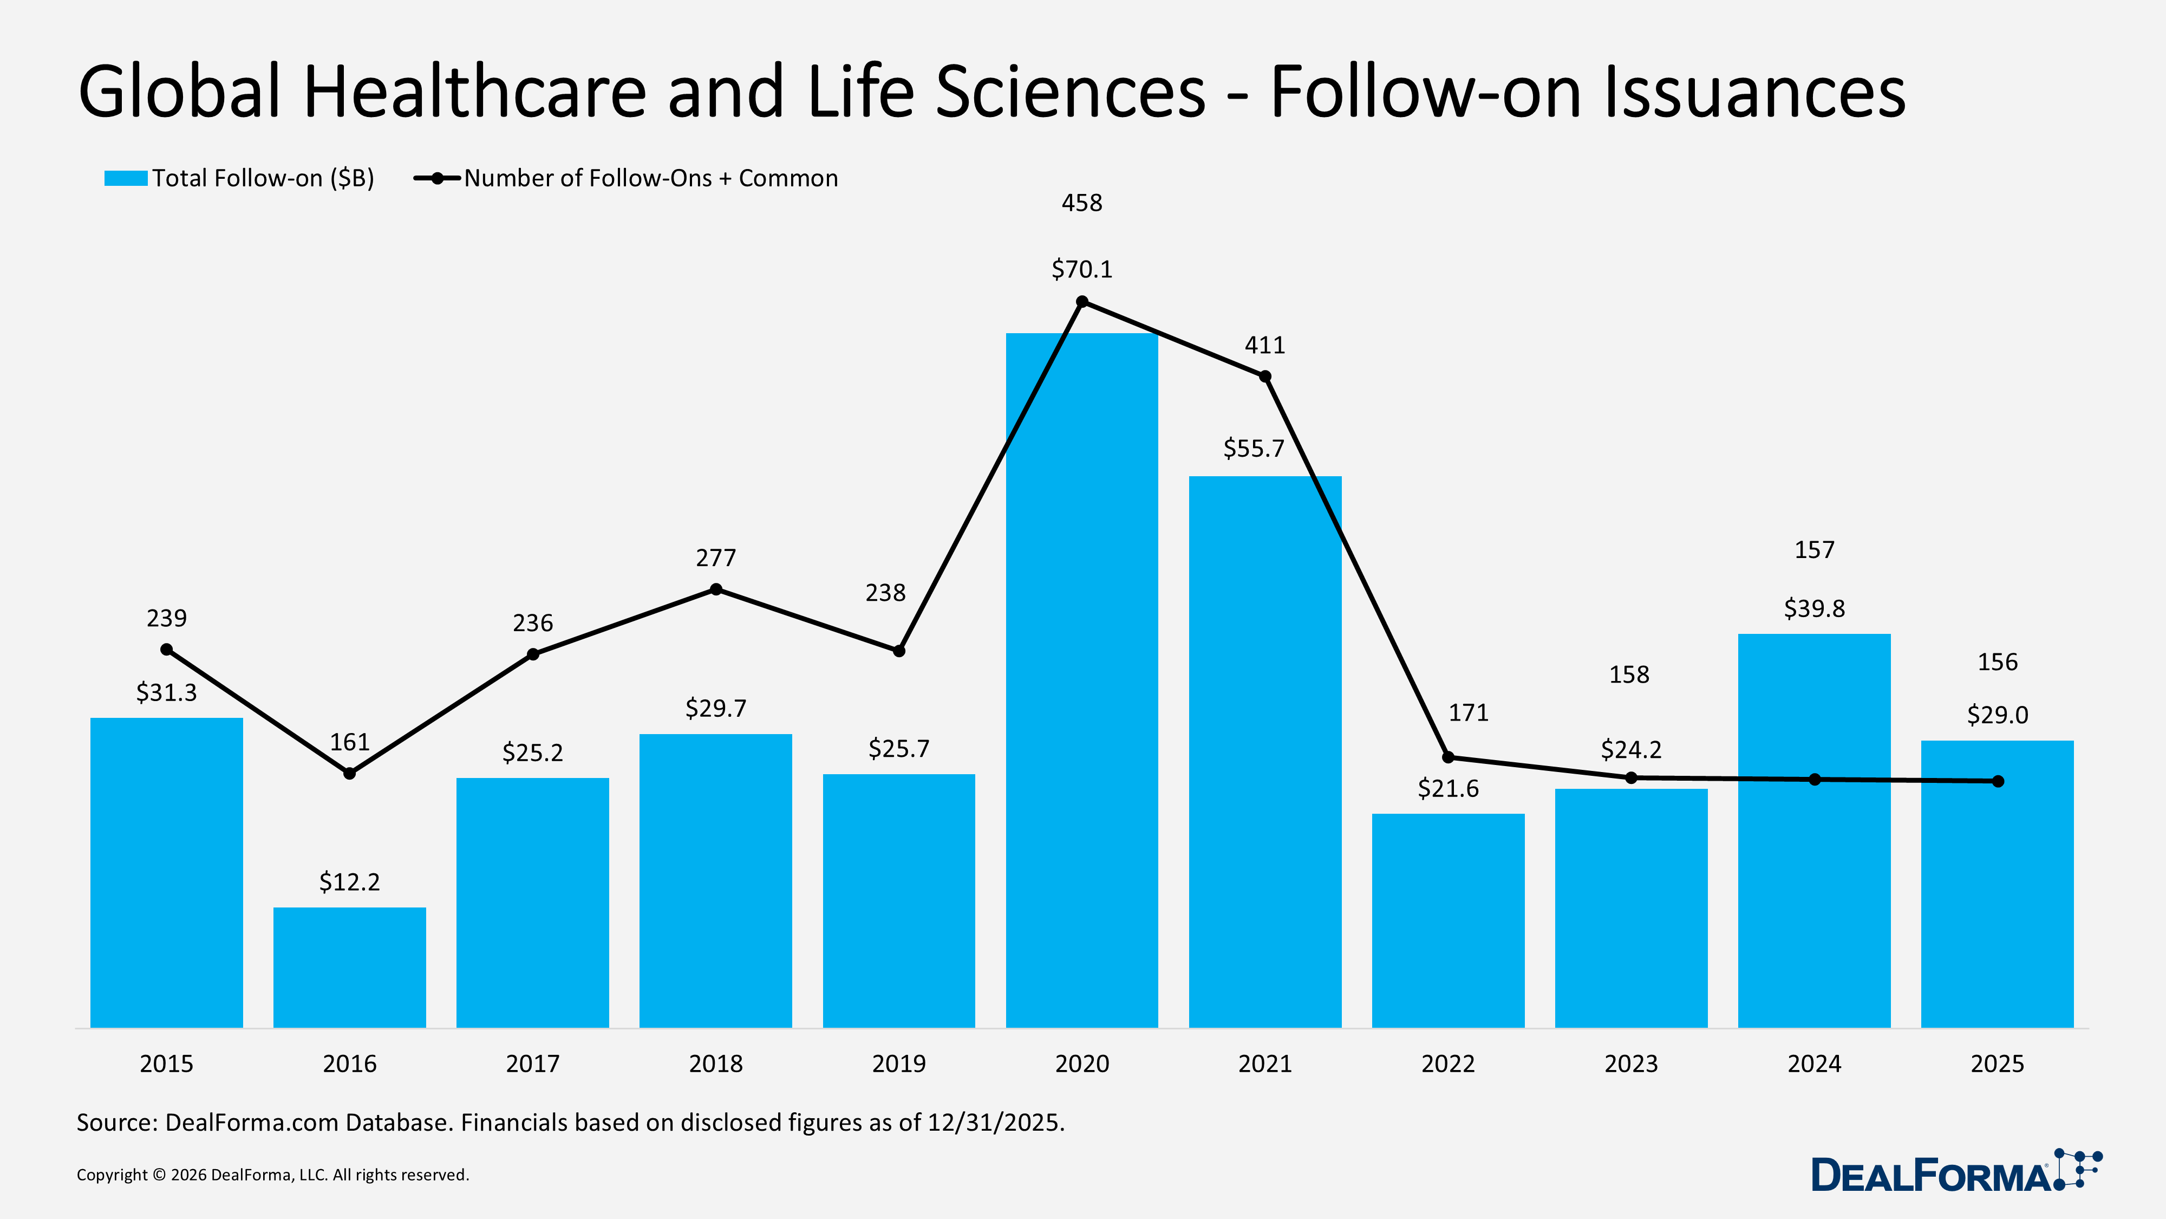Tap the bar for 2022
coord(1448,920)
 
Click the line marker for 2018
coord(715,590)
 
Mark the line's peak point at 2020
coord(1082,302)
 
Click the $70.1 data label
coord(1081,269)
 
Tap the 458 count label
coord(1081,203)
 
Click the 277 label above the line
coord(715,558)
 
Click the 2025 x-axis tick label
coord(1997,1064)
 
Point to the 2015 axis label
coord(166,1064)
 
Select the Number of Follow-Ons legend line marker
coord(437,178)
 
